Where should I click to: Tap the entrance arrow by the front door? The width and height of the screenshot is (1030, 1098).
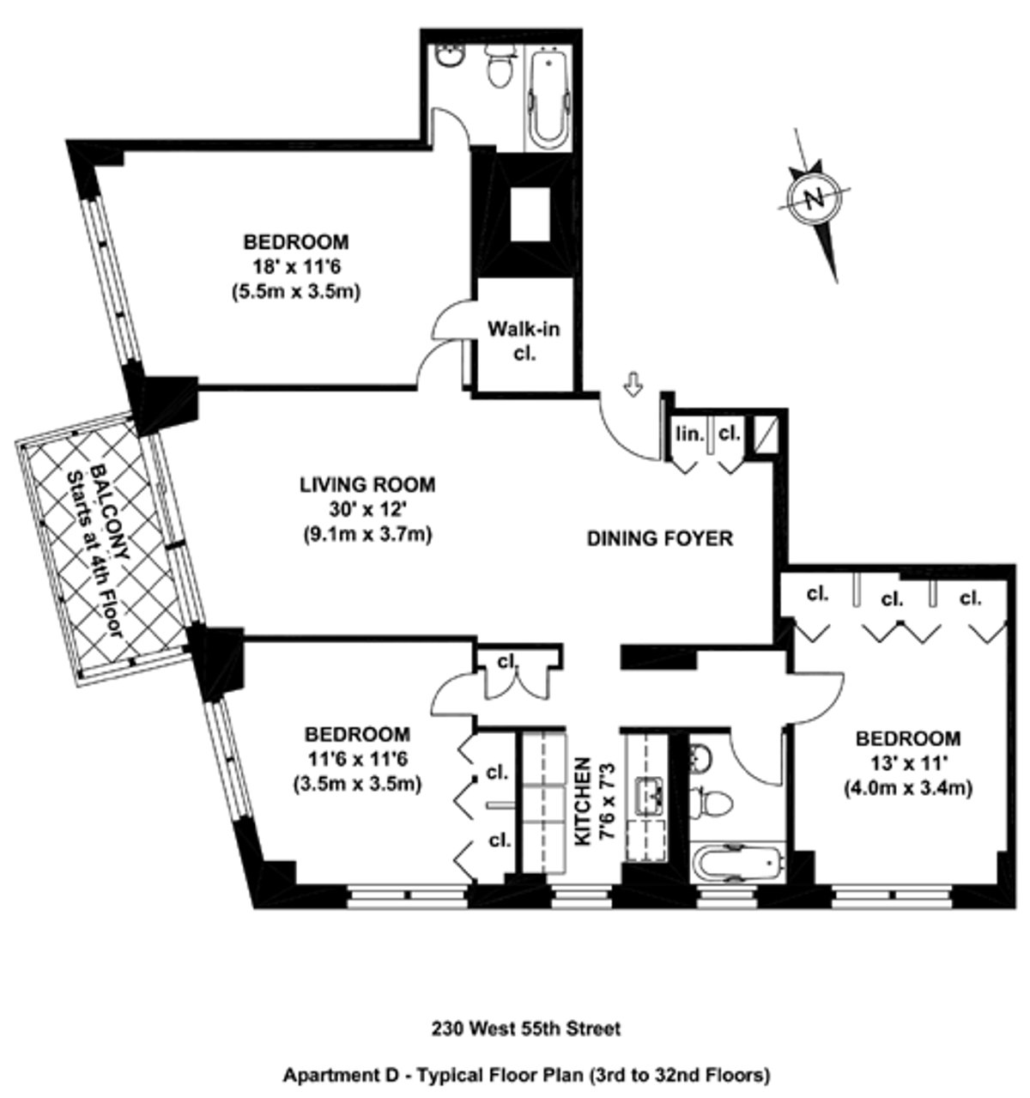(633, 386)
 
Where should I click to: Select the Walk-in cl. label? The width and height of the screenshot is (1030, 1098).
(518, 340)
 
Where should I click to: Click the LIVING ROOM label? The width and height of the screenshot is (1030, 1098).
(367, 485)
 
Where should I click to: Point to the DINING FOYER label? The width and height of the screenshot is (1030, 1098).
(659, 539)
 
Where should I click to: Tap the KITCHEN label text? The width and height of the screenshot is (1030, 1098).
(583, 800)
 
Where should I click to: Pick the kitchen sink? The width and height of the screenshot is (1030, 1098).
(647, 796)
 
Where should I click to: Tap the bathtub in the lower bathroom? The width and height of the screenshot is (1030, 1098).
(736, 864)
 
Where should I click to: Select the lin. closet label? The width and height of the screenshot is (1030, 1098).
(685, 434)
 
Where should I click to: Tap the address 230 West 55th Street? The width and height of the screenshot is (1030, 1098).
(514, 1028)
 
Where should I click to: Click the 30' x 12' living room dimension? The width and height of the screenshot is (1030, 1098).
(367, 510)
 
